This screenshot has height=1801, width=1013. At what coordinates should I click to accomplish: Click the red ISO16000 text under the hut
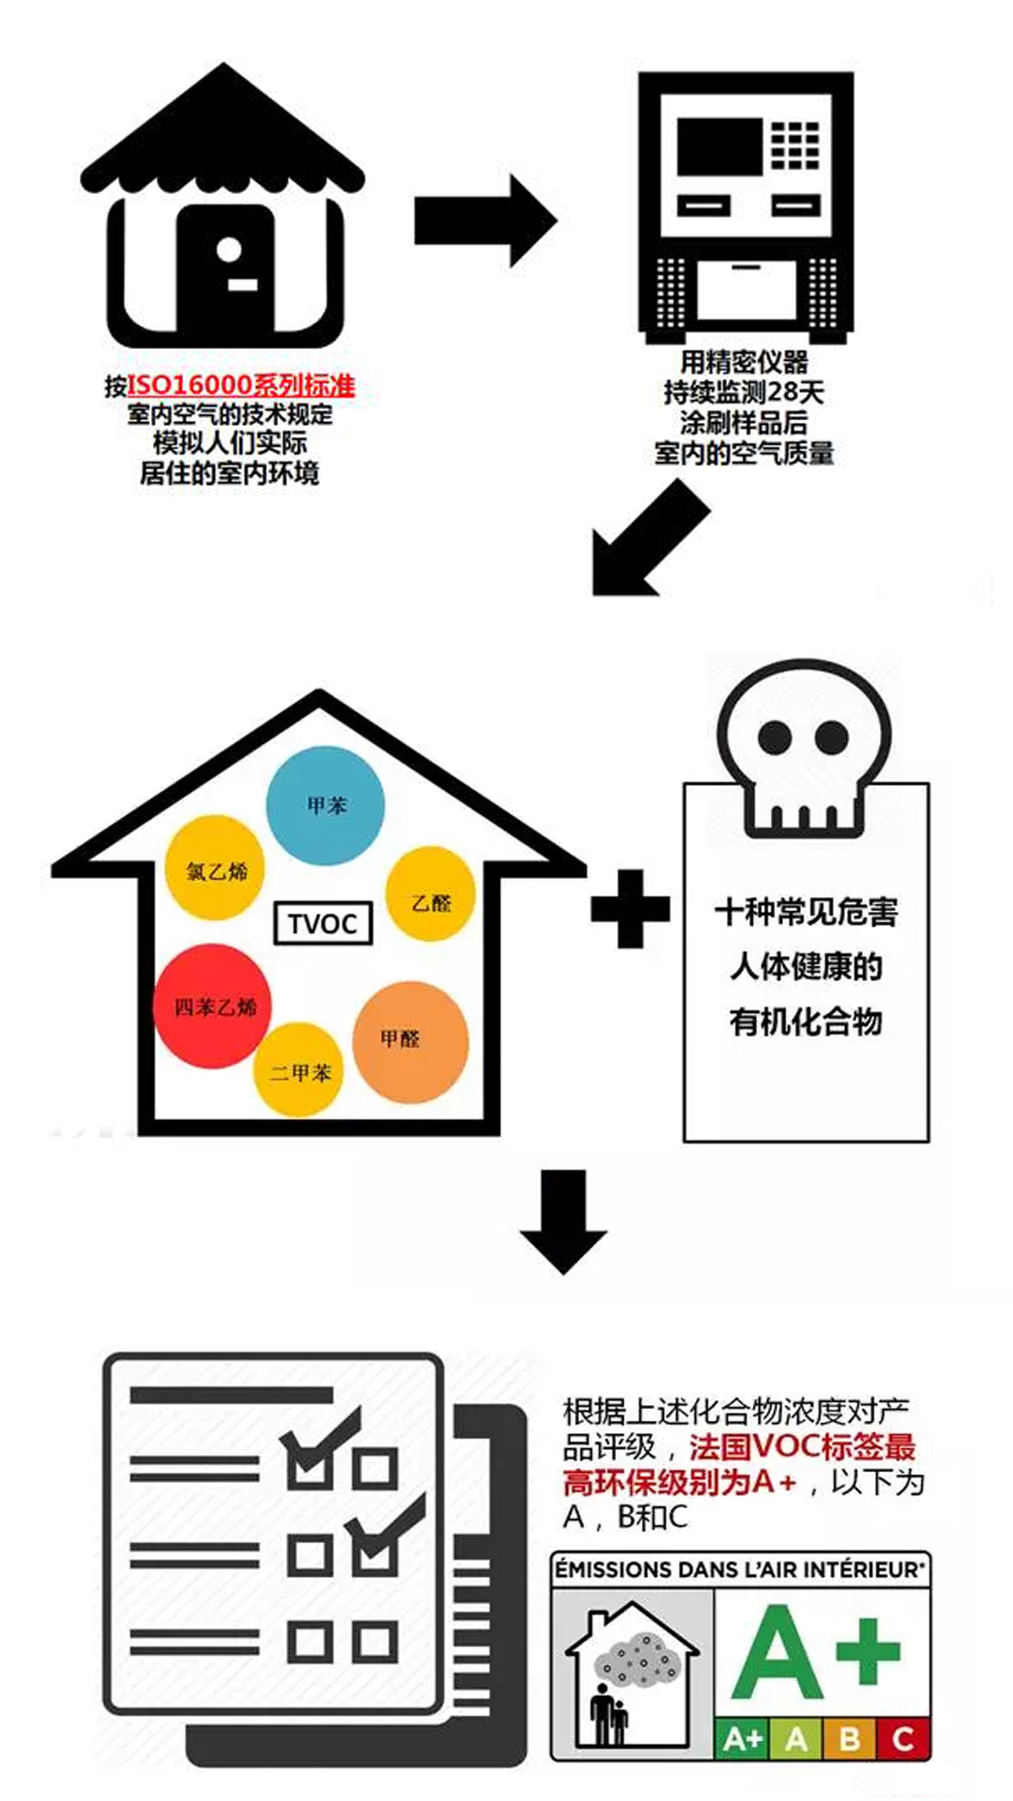pyautogui.click(x=241, y=386)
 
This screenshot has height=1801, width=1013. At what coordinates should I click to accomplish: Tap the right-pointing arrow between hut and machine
pyautogui.click(x=486, y=220)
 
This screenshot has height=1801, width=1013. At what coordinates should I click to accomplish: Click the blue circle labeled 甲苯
pyautogui.click(x=325, y=806)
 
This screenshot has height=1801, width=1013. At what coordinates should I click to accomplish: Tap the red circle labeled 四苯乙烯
pyautogui.click(x=213, y=1006)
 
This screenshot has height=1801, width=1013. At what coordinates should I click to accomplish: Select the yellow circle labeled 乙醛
pyautogui.click(x=431, y=894)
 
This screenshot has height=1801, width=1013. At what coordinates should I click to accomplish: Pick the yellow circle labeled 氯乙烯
pyautogui.click(x=215, y=868)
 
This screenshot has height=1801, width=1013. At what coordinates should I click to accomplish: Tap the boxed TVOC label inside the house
pyautogui.click(x=323, y=924)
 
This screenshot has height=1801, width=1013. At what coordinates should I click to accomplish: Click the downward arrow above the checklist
pyautogui.click(x=564, y=1221)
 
